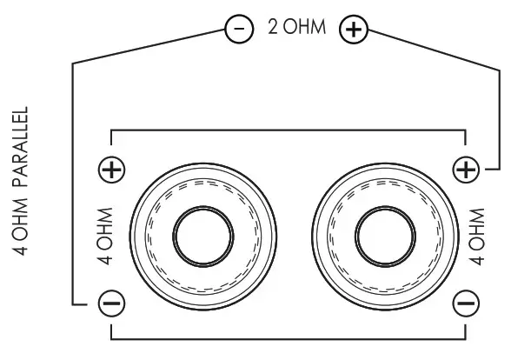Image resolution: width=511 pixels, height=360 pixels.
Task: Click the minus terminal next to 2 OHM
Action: click(x=237, y=29)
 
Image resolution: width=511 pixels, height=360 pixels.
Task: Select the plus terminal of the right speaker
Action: click(x=468, y=170)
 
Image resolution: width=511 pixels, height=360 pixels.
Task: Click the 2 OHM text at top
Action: click(x=295, y=29)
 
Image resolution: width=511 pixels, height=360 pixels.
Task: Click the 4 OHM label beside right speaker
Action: click(x=475, y=236)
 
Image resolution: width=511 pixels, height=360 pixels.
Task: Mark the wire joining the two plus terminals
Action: click(x=287, y=131)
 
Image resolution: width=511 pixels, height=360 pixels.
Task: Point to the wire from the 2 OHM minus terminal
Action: click(x=72, y=174)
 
